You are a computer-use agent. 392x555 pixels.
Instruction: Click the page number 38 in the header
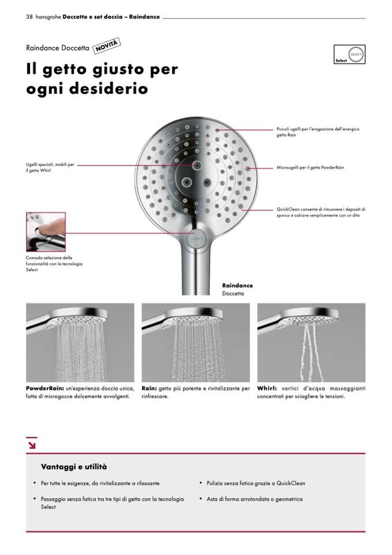coord(29,17)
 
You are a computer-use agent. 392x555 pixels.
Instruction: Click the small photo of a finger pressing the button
coord(46,231)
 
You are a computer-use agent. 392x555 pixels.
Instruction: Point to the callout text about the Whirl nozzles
coord(50,168)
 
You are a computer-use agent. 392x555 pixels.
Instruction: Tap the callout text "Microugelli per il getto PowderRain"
coord(310,168)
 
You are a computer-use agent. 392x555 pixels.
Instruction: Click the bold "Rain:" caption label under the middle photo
coord(149,388)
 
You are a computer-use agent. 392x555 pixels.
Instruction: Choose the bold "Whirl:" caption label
coord(267,388)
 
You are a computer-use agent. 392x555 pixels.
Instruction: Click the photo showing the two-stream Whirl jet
coord(311,341)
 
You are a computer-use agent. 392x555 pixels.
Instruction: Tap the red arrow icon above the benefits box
coord(31,444)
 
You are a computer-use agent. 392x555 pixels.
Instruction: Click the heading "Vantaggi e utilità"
coord(73,466)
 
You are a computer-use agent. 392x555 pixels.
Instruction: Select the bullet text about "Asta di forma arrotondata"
coord(254,499)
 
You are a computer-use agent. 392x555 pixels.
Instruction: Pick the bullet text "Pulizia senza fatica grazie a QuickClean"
coord(256,483)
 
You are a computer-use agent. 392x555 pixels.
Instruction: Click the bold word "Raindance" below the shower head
coord(238,286)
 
